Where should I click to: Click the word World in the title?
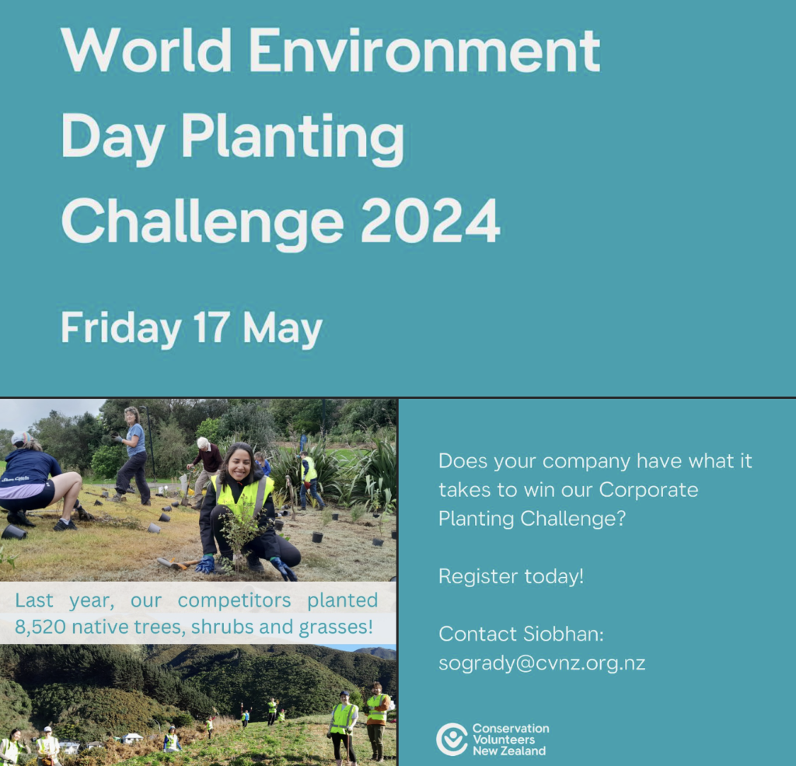click(146, 50)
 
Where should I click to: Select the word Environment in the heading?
click(424, 50)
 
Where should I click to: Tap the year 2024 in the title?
click(431, 222)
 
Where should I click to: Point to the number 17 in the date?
click(211, 327)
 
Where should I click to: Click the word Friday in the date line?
click(120, 330)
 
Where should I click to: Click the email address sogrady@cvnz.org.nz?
click(542, 663)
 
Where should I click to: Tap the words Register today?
click(511, 576)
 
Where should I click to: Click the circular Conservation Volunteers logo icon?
click(452, 739)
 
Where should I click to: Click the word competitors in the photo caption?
click(234, 601)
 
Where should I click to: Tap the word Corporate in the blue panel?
click(648, 490)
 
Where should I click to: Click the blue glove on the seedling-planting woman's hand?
click(205, 565)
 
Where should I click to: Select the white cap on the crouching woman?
click(22, 438)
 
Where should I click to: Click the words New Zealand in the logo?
click(509, 750)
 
